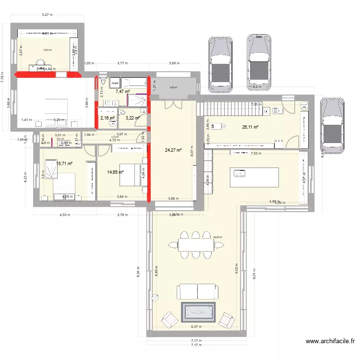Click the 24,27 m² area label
(x=173, y=150)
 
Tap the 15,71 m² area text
(x=64, y=164)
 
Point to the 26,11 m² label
(x=251, y=127)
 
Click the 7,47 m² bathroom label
(x=122, y=91)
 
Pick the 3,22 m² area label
(x=132, y=118)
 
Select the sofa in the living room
(x=197, y=291)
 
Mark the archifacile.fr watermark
(x=330, y=342)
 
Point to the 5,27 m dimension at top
(x=47, y=15)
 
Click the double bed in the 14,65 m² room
(x=131, y=176)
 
